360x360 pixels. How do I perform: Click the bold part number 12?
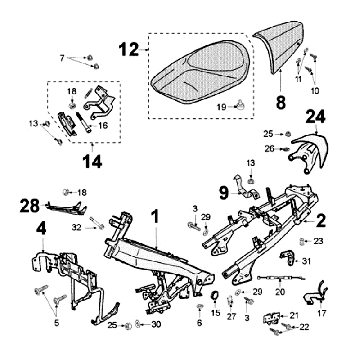click(129, 50)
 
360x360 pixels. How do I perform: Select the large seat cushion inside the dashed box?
click(201, 72)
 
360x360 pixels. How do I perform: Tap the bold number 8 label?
click(281, 103)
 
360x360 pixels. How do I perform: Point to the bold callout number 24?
click(315, 117)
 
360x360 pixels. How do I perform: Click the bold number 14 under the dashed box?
click(92, 161)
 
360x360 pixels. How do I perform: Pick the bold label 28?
click(30, 206)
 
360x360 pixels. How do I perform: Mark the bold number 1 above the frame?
click(155, 218)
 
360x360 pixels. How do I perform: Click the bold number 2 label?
click(320, 221)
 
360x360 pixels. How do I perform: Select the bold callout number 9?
click(224, 193)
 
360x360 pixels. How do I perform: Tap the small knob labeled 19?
click(239, 106)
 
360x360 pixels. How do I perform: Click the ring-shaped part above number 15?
click(214, 295)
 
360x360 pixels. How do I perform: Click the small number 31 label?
click(306, 261)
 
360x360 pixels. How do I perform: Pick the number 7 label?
click(62, 58)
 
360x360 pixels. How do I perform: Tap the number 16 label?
click(103, 126)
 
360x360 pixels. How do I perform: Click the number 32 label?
click(76, 227)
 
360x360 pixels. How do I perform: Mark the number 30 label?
click(156, 324)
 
